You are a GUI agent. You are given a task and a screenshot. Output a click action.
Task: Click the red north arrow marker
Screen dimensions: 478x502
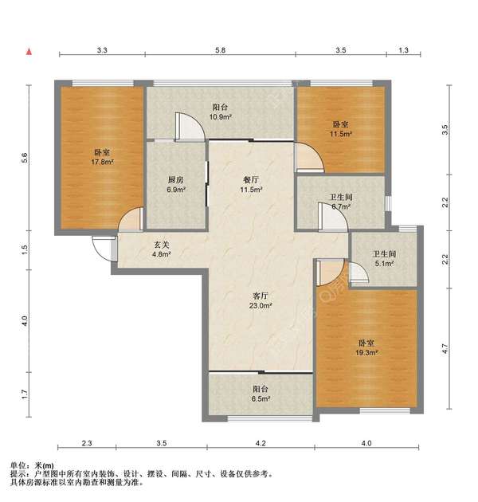pyautogui.click(x=29, y=52)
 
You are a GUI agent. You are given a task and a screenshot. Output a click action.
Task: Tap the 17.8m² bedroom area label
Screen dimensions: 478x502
pyautogui.click(x=103, y=157)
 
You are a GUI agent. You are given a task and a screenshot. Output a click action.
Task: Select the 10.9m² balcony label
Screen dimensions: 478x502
pyautogui.click(x=220, y=112)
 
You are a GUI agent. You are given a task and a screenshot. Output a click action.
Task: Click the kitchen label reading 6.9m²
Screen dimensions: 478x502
pyautogui.click(x=176, y=184)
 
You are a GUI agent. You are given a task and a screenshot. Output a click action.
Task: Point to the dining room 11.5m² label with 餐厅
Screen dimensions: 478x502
pyautogui.click(x=251, y=184)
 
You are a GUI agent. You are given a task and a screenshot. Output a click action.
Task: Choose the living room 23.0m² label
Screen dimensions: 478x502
pyautogui.click(x=261, y=300)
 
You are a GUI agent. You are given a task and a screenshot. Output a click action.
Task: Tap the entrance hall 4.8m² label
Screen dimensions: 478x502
pyautogui.click(x=161, y=249)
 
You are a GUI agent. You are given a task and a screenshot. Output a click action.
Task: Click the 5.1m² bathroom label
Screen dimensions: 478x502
pyautogui.click(x=384, y=259)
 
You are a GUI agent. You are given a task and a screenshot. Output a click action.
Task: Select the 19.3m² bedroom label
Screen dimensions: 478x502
pyautogui.click(x=366, y=347)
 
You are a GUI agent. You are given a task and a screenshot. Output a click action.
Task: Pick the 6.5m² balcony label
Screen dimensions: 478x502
pyautogui.click(x=261, y=394)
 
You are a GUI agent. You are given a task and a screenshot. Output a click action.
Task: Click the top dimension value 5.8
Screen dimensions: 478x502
pyautogui.click(x=220, y=50)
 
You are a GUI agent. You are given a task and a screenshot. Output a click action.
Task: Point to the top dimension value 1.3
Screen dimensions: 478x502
pyautogui.click(x=403, y=50)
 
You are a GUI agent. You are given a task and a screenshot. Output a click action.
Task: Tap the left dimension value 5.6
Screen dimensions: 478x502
pyautogui.click(x=25, y=158)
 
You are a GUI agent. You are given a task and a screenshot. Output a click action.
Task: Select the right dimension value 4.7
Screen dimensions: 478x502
pyautogui.click(x=445, y=349)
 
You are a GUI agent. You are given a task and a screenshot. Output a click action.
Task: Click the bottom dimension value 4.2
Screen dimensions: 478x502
pyautogui.click(x=261, y=443)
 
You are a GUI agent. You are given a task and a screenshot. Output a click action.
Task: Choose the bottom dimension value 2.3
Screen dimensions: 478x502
pyautogui.click(x=87, y=443)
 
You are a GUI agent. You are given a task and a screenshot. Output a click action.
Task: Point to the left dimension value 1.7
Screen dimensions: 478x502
pyautogui.click(x=25, y=394)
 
